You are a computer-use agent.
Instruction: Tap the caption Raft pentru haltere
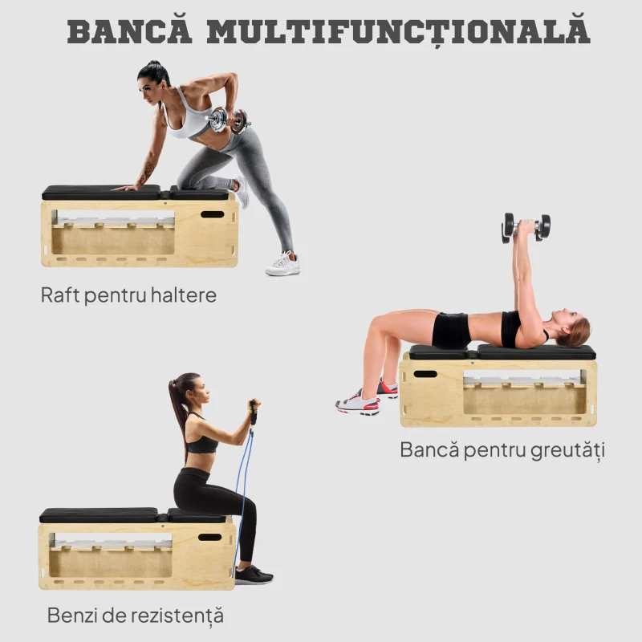(x=128, y=295)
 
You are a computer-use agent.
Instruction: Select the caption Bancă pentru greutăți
(x=502, y=450)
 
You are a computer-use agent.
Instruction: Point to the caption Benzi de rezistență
(x=135, y=616)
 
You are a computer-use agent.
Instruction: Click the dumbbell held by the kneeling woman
(x=228, y=120)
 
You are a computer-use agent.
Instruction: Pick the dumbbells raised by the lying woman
(x=526, y=226)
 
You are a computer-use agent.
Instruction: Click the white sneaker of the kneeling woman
(x=283, y=264)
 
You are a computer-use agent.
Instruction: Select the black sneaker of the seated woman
(x=253, y=575)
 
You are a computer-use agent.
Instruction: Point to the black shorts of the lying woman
(x=451, y=330)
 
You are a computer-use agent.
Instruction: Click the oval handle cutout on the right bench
(x=425, y=374)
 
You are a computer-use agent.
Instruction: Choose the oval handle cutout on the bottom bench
(x=209, y=537)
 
